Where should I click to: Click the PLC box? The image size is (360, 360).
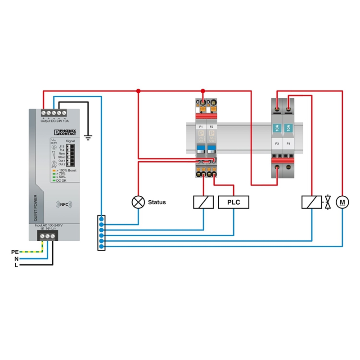pyautogui.click(x=233, y=202)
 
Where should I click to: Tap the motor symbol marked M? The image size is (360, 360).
pyautogui.click(x=342, y=202)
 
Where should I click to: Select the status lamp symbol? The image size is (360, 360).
pyautogui.click(x=138, y=202)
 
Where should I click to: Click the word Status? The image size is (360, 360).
pyautogui.click(x=157, y=202)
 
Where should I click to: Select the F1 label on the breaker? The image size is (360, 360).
pyautogui.click(x=200, y=127)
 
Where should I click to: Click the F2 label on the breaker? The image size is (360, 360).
pyautogui.click(x=211, y=127)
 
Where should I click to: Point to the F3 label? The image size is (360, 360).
pyautogui.click(x=277, y=144)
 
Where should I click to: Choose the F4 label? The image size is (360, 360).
pyautogui.click(x=288, y=144)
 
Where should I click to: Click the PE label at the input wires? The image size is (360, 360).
pyautogui.click(x=15, y=252)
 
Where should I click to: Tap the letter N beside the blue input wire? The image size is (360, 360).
pyautogui.click(x=16, y=259)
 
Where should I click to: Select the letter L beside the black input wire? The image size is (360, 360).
pyautogui.click(x=16, y=265)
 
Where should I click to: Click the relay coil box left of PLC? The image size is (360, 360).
pyautogui.click(x=203, y=202)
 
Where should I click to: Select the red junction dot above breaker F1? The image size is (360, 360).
pyautogui.click(x=203, y=91)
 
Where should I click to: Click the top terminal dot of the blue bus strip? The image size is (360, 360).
pyautogui.click(x=102, y=219)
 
